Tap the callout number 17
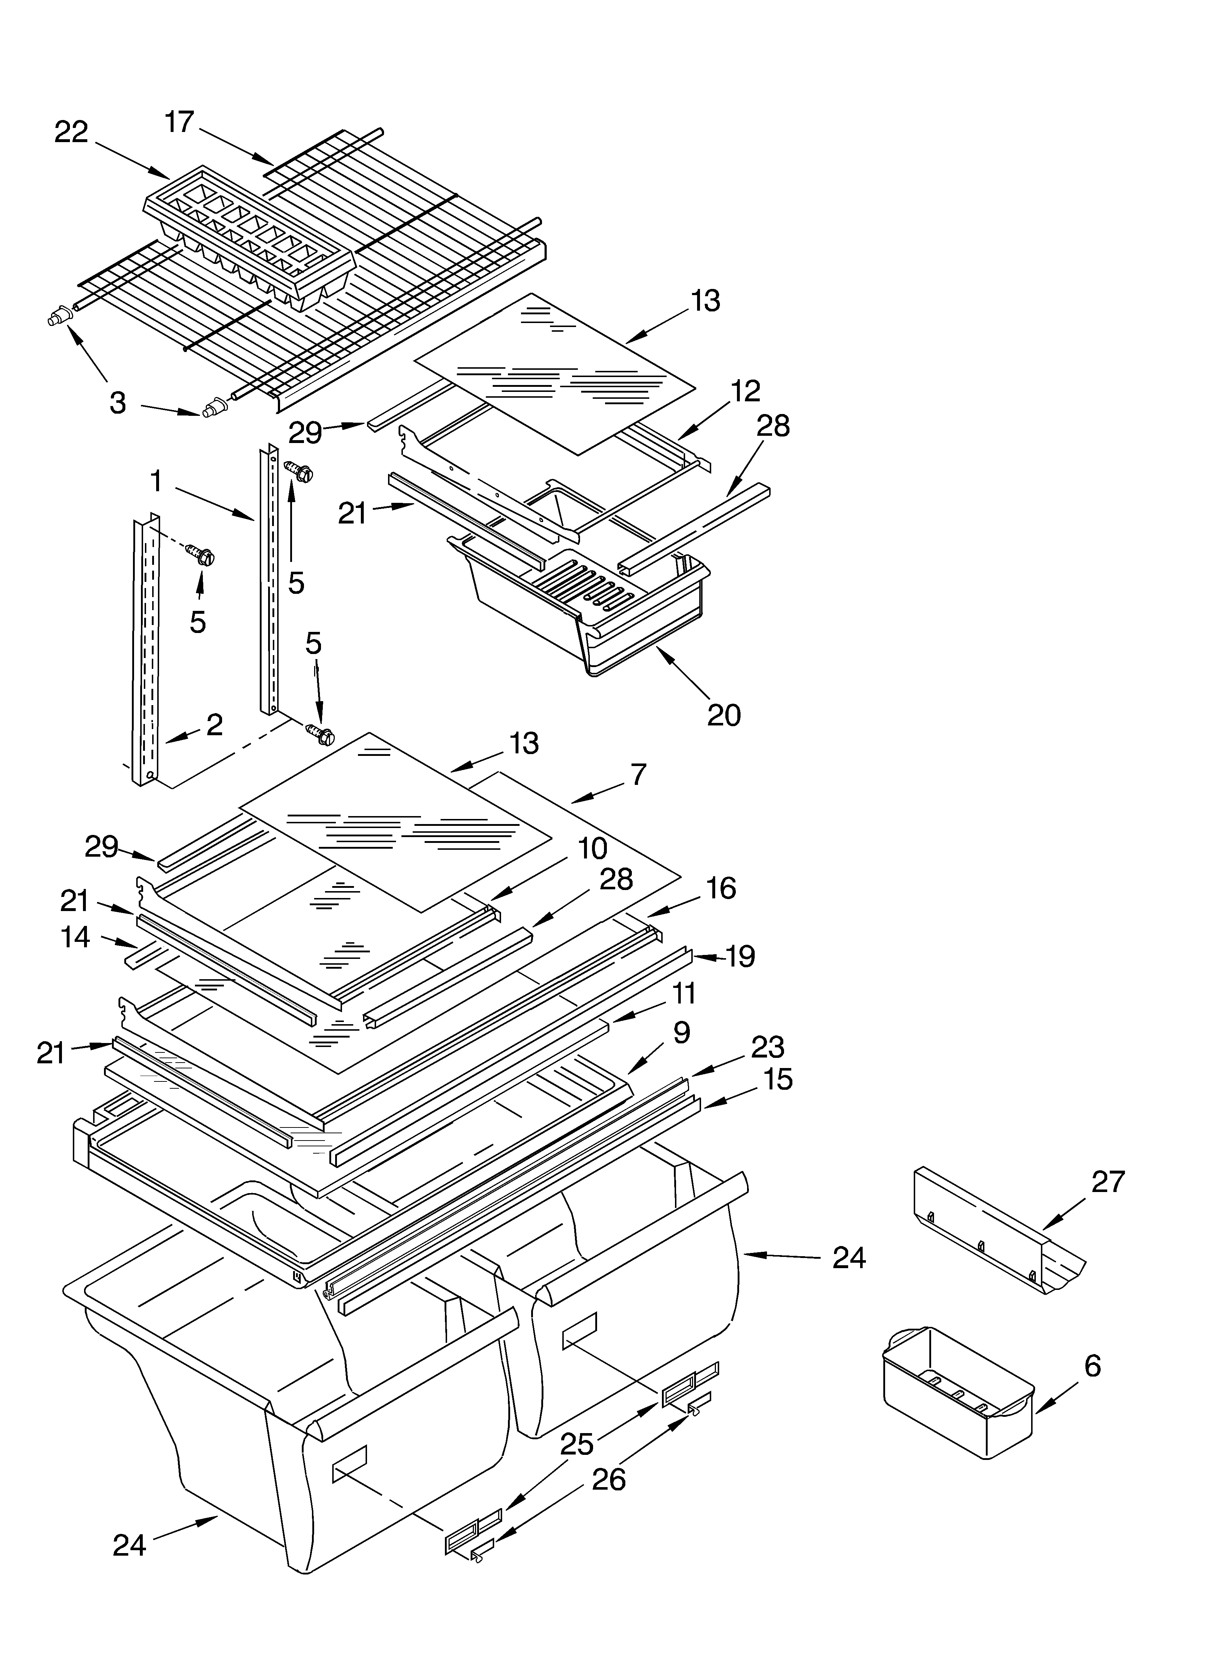coord(179,122)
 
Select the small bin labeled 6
coord(956,1389)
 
